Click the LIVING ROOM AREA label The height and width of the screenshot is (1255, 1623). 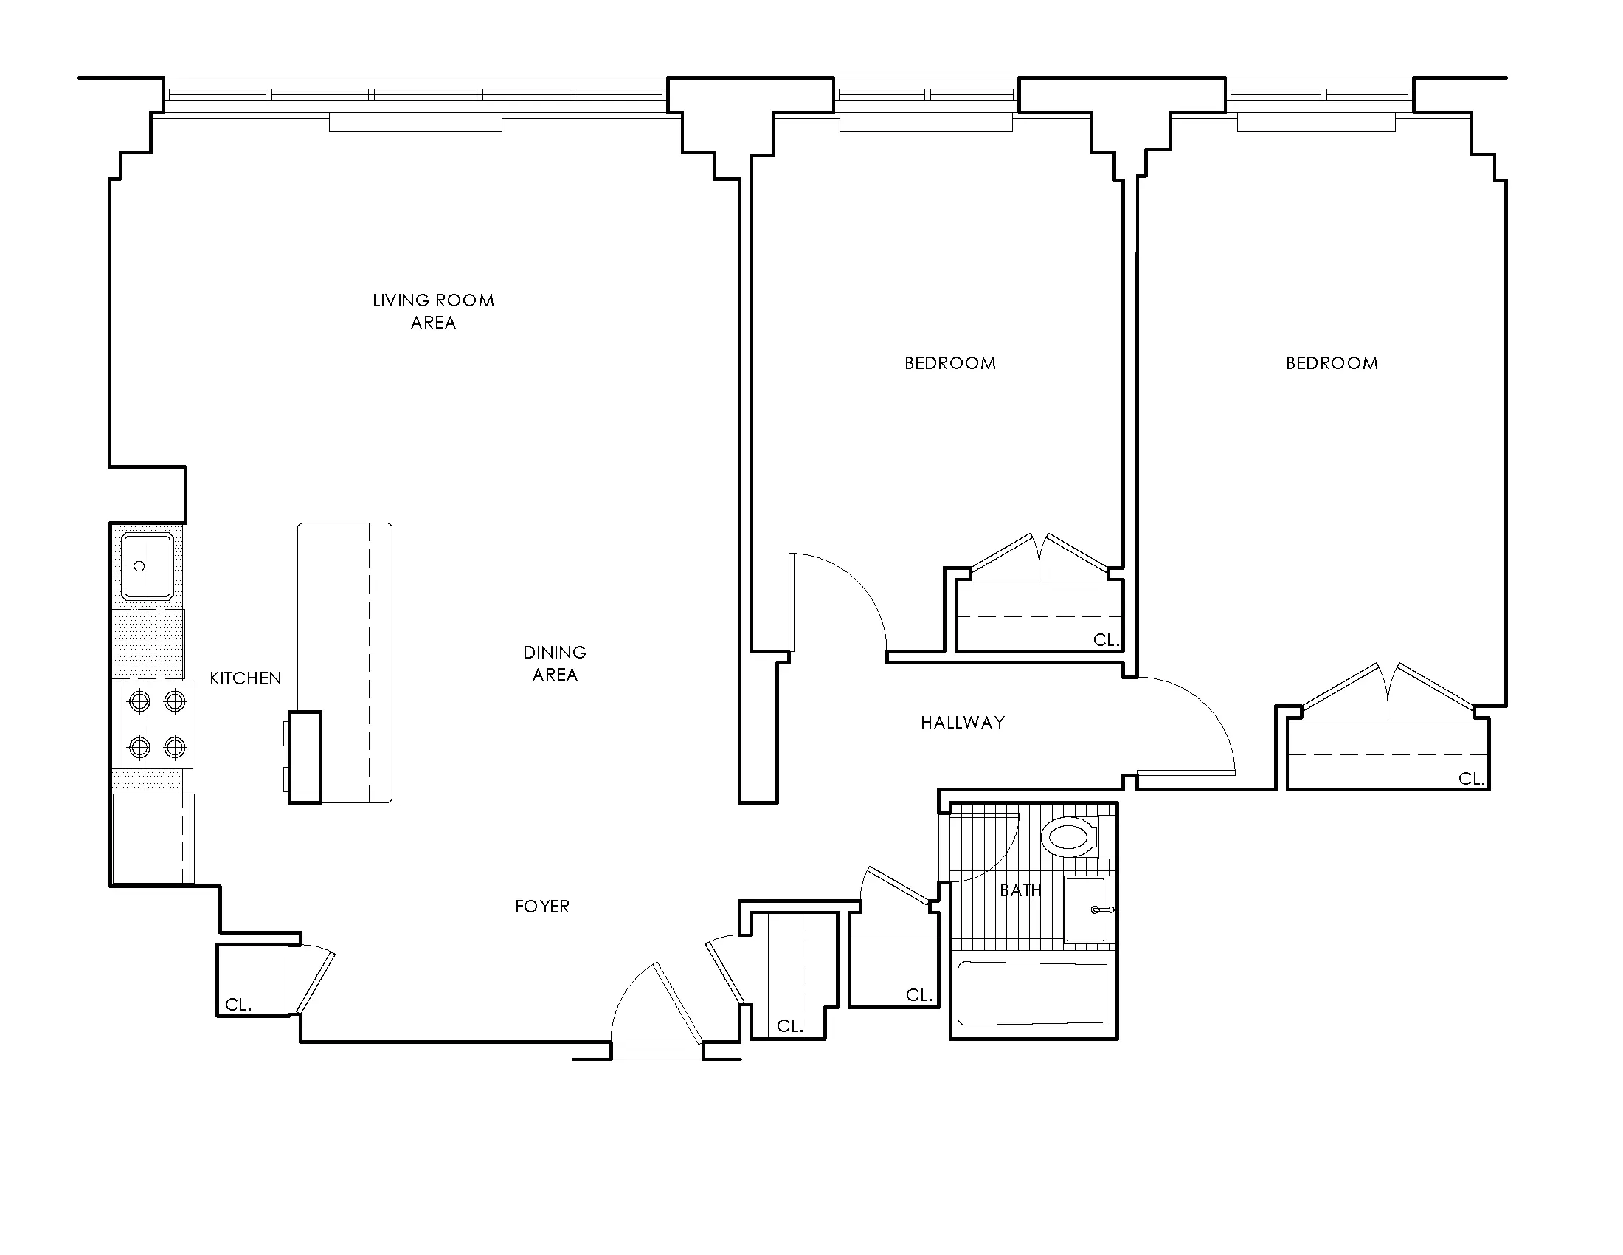[433, 311]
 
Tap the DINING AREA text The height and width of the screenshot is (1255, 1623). [554, 663]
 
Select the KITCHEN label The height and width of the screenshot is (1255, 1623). [245, 678]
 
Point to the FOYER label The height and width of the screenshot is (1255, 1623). [541, 907]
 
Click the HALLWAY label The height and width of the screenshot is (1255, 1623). [962, 723]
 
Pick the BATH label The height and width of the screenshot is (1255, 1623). [1020, 890]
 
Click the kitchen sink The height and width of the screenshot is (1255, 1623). [148, 566]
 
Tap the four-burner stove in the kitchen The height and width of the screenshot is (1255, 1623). [157, 724]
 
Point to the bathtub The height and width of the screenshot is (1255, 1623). [1032, 993]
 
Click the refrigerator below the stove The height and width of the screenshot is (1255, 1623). [153, 839]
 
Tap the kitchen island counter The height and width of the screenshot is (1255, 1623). [344, 662]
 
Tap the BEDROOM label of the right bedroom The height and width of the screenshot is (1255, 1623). [1332, 363]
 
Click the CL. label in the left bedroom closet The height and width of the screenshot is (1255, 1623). [1106, 640]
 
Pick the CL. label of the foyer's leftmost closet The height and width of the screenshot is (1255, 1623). [238, 1005]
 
